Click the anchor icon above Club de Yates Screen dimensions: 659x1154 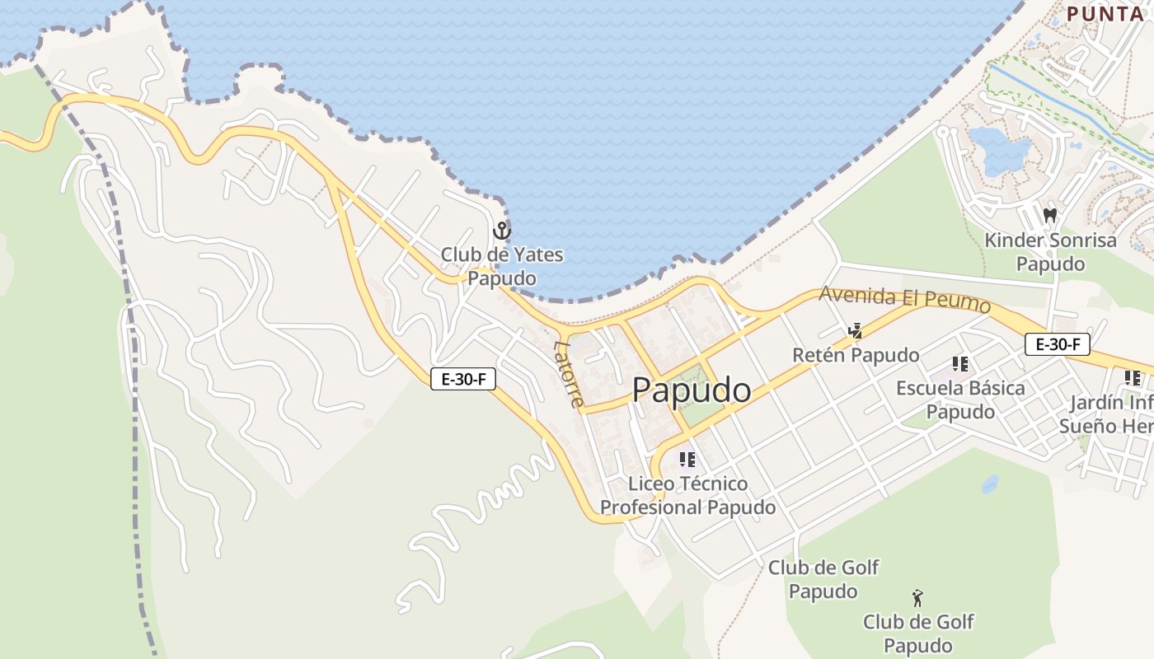tap(502, 231)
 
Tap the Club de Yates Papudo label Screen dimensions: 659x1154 tap(502, 266)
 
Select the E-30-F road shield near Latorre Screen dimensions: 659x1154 tap(463, 379)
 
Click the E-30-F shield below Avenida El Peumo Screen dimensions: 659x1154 tap(1058, 344)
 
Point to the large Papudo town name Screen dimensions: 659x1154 tap(692, 390)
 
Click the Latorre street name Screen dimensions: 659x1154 tap(570, 374)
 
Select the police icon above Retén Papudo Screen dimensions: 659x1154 tap(856, 332)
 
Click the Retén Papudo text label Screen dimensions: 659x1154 tap(856, 355)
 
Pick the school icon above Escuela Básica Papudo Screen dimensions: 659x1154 tap(959, 363)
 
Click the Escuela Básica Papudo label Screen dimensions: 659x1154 tap(960, 400)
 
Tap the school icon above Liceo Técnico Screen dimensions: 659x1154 tap(687, 460)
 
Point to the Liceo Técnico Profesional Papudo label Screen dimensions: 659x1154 tap(687, 495)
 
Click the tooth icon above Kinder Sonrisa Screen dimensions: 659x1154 tap(1050, 216)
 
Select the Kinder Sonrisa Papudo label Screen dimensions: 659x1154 tap(1050, 252)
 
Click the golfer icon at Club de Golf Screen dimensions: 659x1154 tap(917, 597)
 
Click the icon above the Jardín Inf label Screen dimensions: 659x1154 tap(1133, 378)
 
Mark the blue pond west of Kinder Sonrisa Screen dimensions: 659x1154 tap(1000, 152)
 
